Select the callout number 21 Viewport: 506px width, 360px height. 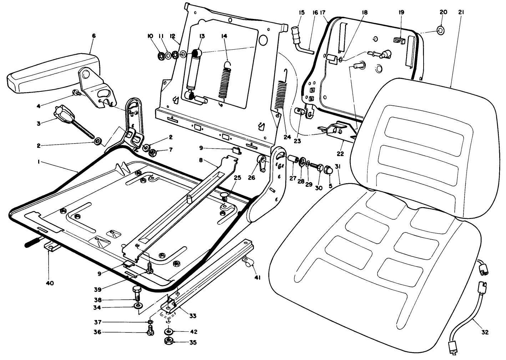click(461, 12)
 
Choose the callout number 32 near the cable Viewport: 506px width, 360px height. click(484, 332)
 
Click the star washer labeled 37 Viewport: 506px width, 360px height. click(150, 322)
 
